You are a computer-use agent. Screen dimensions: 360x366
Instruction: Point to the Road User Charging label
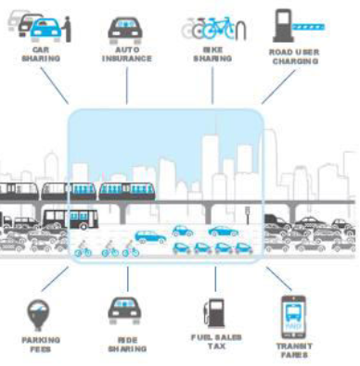pos(293,56)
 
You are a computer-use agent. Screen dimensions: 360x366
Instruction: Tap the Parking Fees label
pos(40,345)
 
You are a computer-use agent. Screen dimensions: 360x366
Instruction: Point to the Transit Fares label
pos(293,349)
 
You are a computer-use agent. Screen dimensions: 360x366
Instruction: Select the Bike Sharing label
pos(213,56)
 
